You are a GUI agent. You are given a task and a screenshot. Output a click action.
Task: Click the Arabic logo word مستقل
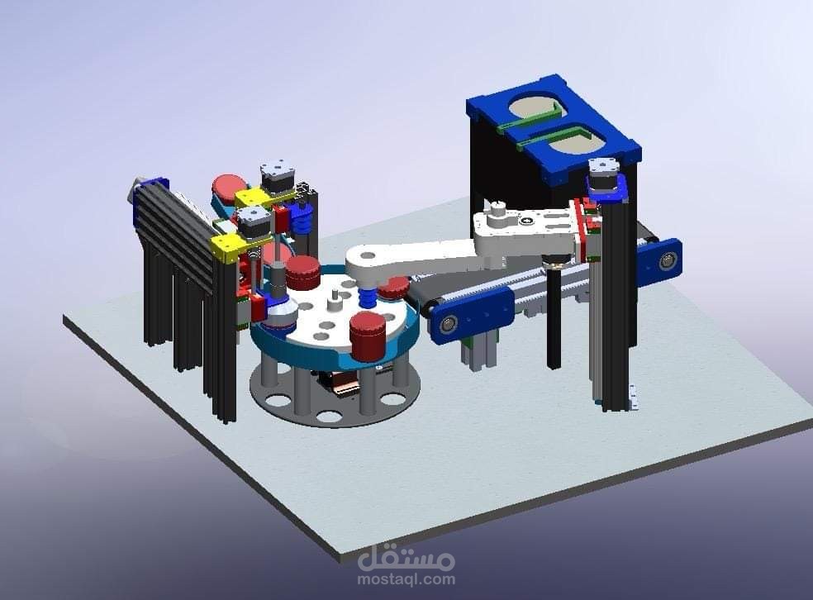[x=406, y=557]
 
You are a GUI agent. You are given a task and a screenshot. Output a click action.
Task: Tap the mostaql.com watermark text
[x=406, y=579]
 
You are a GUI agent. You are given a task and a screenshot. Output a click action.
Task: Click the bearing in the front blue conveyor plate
[x=445, y=326]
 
